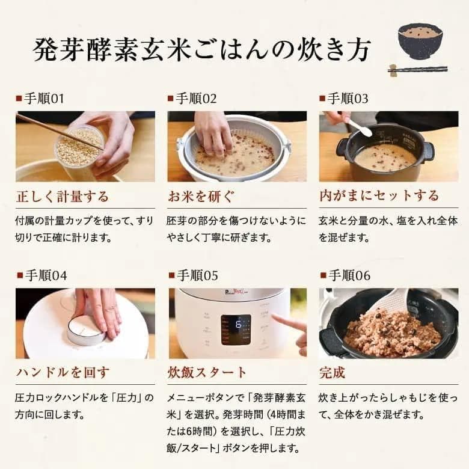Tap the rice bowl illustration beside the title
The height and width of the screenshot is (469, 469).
click(420, 41)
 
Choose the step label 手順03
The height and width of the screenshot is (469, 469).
click(348, 99)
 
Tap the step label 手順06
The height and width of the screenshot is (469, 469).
click(348, 276)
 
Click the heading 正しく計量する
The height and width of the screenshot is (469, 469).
click(63, 196)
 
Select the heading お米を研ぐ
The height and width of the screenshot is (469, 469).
click(201, 196)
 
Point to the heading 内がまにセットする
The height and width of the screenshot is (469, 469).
click(379, 196)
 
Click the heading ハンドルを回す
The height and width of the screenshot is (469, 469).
click(63, 373)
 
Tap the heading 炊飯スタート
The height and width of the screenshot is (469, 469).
click(207, 373)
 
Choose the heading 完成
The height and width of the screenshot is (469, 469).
click(333, 373)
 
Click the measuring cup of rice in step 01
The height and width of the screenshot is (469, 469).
click(79, 146)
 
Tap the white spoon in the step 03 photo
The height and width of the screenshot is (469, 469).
click(360, 127)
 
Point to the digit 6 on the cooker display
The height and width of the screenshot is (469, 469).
click(236, 323)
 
